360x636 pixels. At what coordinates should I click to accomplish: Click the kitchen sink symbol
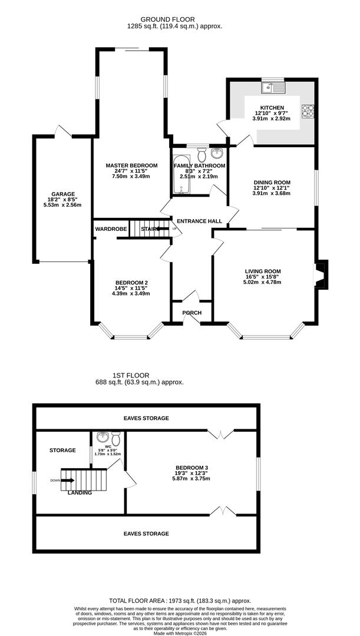275,89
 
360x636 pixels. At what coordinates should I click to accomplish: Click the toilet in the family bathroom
202,155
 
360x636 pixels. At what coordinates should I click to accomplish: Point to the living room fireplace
322,274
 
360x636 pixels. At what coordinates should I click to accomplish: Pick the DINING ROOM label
272,182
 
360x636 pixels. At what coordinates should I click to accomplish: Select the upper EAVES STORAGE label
146,418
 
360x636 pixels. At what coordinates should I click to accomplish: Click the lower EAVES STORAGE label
146,534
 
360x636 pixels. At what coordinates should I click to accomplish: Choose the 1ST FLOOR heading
131,375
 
